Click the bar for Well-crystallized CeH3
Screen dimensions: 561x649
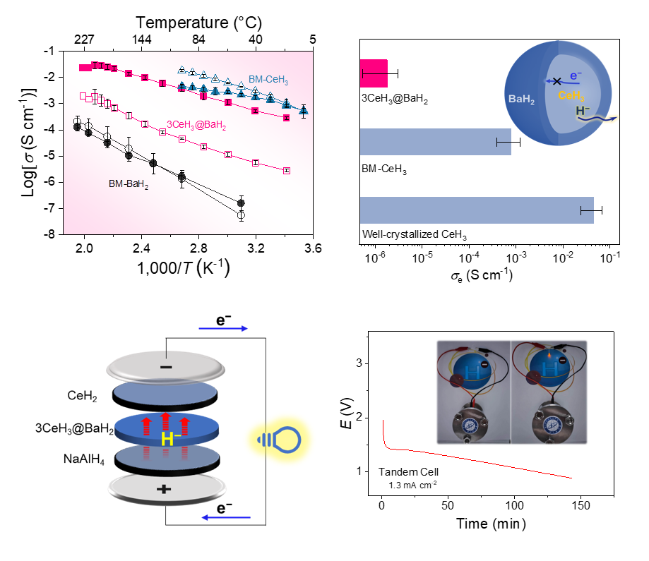[x=477, y=210]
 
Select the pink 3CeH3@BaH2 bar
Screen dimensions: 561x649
[x=374, y=73]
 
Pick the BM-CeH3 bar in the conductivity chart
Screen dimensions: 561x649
[x=435, y=142]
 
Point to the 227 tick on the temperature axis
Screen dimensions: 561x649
[x=85, y=40]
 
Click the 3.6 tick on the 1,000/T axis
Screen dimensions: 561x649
[x=314, y=248]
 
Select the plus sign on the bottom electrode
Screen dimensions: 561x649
[x=165, y=489]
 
